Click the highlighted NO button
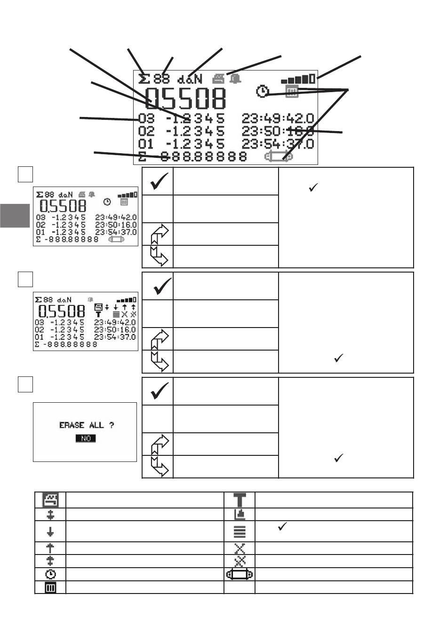pos(86,438)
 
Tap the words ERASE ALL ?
pos(86,425)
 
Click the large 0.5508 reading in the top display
pos(185,99)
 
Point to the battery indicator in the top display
pos(298,79)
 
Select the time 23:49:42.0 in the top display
pos(278,118)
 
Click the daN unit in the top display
pos(190,79)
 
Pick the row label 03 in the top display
pos(146,118)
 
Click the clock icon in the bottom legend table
pos(50,574)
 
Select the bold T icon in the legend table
pos(240,500)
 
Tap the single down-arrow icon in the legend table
pos(50,531)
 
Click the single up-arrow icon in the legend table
pos(50,548)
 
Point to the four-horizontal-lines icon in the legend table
pos(240,531)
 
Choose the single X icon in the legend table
pos(240,548)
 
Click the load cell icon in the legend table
pos(240,574)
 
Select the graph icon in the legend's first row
pos(50,500)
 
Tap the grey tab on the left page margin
pos(15,215)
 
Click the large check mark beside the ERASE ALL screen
pos(159,391)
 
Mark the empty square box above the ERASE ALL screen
pos(25,384)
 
